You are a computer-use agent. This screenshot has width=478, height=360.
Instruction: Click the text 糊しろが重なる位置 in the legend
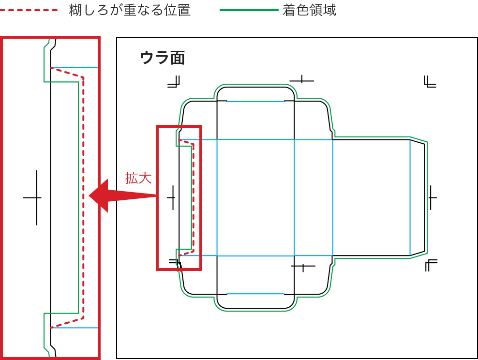(x=130, y=10)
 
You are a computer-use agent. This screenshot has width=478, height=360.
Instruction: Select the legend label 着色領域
(x=309, y=10)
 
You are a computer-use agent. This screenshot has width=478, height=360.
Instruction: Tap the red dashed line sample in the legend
(x=29, y=10)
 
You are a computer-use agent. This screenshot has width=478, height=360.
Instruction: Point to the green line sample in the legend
(x=249, y=10)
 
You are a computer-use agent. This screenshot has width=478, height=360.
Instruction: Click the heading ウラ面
(x=162, y=58)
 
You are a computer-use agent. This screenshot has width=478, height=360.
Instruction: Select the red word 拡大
(x=138, y=178)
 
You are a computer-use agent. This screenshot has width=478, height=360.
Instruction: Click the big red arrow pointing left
(x=121, y=195)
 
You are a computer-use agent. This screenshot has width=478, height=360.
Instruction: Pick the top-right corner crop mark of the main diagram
(x=429, y=82)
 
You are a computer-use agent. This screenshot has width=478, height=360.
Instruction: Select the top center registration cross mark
(x=302, y=80)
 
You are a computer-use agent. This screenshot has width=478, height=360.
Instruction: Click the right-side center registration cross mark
(x=432, y=197)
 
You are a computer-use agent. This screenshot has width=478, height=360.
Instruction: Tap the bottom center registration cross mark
(x=303, y=266)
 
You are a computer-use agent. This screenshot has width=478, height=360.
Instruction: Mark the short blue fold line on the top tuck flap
(x=255, y=102)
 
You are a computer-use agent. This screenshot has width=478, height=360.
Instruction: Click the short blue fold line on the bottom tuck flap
(x=255, y=294)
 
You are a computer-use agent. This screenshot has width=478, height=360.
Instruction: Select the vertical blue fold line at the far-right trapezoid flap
(x=410, y=197)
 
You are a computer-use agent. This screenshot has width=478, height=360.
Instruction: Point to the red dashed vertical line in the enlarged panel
(x=84, y=194)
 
